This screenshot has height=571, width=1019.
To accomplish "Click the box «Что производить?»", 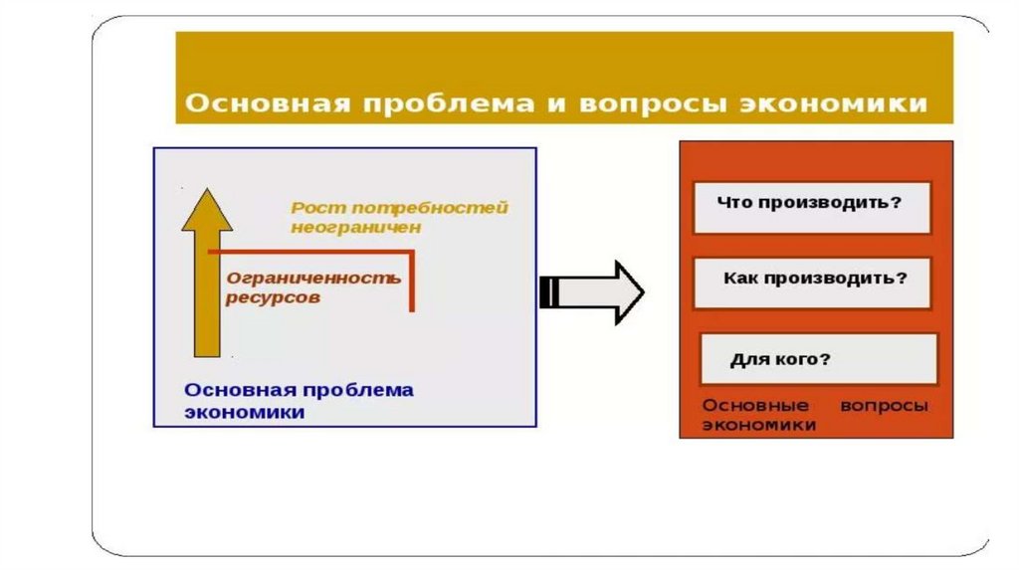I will pos(811,207).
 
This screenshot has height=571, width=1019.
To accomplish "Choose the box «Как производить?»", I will pos(811,283).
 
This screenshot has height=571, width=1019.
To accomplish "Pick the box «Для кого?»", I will pos(818,359).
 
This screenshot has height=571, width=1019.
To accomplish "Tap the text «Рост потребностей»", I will pos(399,208).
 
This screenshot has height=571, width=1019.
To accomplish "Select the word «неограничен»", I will pos(356,228).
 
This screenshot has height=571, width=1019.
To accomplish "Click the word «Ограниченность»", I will pos(313,278).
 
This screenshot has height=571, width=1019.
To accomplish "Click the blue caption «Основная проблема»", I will pos(299,390).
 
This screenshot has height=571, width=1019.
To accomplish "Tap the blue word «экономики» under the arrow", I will pos(244,413).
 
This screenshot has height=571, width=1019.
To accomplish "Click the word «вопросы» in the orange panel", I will pos(884,406).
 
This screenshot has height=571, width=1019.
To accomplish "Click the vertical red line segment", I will pos(411,283).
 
